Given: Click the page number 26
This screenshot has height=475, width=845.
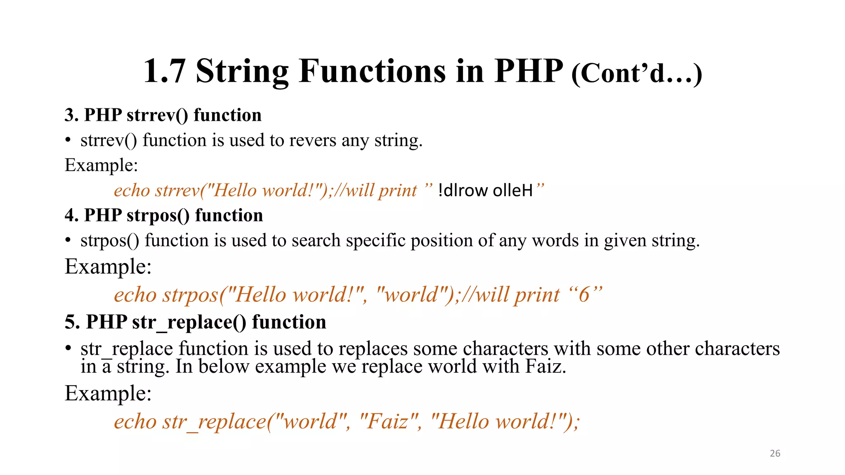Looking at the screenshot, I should pyautogui.click(x=775, y=453).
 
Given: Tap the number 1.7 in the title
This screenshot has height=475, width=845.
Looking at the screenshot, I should pyautogui.click(x=165, y=71).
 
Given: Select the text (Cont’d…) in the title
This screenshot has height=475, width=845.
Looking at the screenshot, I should pyautogui.click(x=637, y=73).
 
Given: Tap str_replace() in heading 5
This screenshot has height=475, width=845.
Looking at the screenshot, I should pyautogui.click(x=189, y=322).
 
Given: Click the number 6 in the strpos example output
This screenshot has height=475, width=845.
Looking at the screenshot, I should pyautogui.click(x=584, y=295).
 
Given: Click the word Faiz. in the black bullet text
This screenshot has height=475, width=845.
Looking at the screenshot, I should pyautogui.click(x=545, y=366).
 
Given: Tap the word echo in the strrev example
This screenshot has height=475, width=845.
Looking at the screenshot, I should pyautogui.click(x=132, y=190).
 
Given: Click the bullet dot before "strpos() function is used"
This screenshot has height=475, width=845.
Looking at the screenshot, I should pyautogui.click(x=68, y=240).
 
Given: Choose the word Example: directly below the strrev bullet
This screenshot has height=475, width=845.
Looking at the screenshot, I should pyautogui.click(x=101, y=165).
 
